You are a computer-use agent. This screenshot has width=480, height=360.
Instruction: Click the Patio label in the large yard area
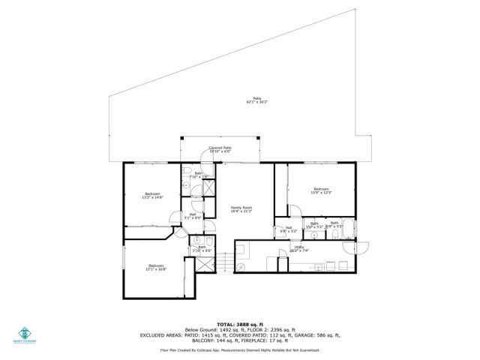tap(257, 100)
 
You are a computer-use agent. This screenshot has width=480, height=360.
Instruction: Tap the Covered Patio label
tap(220, 149)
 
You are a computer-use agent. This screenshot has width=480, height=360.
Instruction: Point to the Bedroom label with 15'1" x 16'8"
tap(156, 267)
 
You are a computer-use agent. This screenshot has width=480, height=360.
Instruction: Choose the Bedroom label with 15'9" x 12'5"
tap(321, 190)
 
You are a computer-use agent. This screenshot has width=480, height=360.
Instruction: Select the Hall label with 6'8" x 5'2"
tap(289, 229)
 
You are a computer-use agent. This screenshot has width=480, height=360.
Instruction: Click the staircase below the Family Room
tap(222, 263)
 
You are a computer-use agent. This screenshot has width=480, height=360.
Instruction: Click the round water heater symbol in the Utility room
tap(241, 266)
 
